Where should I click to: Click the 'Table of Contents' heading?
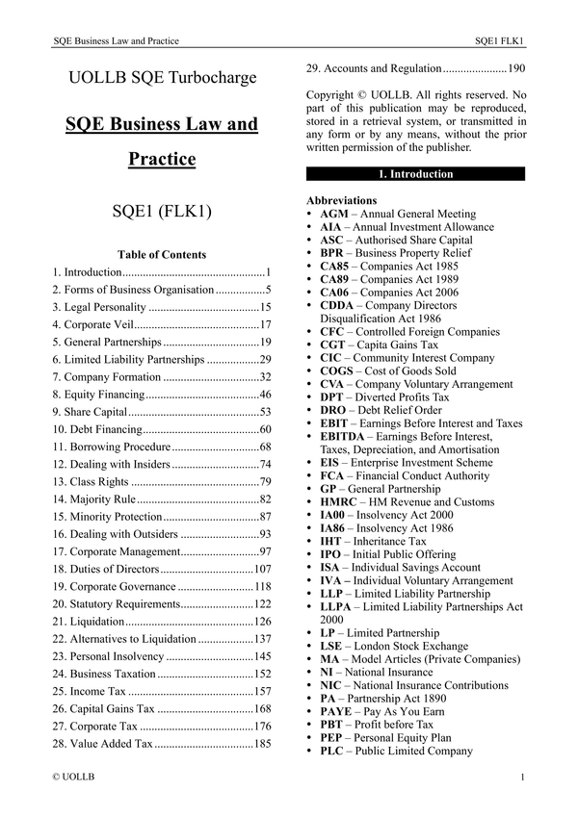click(x=161, y=255)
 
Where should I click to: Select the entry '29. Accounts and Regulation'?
click(x=374, y=69)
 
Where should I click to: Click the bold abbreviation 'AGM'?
click(x=333, y=214)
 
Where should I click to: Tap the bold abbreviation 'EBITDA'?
click(x=343, y=436)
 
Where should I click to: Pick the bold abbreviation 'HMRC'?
click(x=338, y=501)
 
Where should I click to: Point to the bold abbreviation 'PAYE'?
click(x=337, y=711)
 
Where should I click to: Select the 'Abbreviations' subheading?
click(x=341, y=200)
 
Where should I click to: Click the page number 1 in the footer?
click(x=521, y=776)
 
